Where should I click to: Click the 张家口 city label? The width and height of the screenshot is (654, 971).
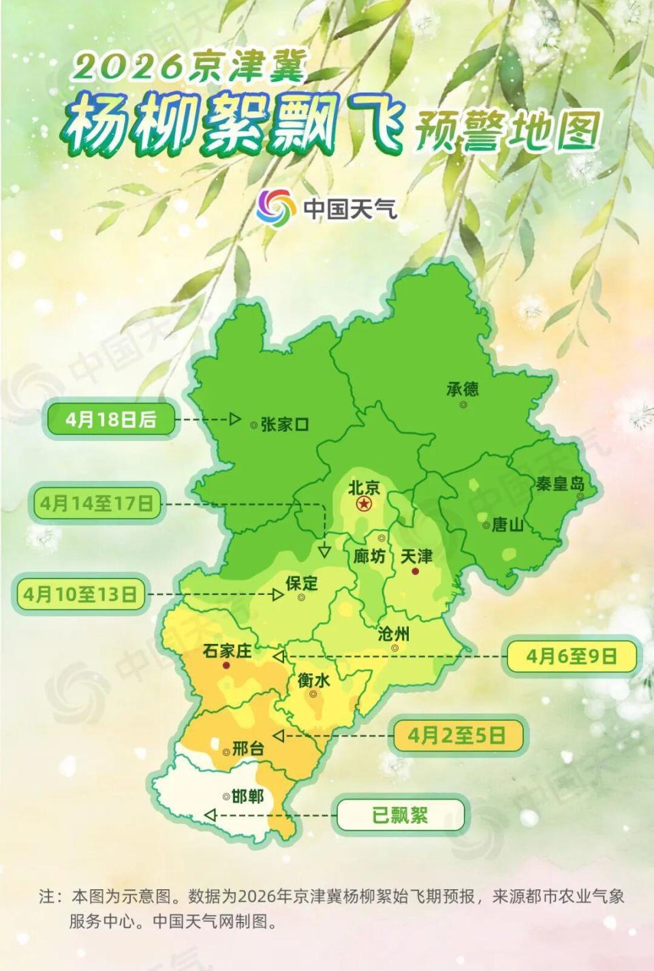coord(285,425)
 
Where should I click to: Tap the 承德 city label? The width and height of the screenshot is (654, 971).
coord(463,389)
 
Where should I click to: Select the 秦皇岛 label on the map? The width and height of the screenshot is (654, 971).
coord(560,484)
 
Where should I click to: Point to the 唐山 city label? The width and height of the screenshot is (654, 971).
coord(508,525)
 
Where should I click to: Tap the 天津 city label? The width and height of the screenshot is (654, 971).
coord(416,556)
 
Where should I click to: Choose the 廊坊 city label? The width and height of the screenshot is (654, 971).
coord(369,556)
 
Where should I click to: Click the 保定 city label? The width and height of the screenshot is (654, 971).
coord(302,583)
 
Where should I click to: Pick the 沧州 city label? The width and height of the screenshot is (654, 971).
coord(394,634)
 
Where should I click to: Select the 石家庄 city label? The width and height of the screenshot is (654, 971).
coord(228,651)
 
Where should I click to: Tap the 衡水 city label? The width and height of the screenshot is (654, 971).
coord(313,679)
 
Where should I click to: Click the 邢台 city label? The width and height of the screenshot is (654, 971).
coord(248,748)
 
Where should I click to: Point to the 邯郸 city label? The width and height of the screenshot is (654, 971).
coord(247,795)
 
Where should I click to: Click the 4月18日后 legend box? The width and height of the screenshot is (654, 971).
coord(111,420)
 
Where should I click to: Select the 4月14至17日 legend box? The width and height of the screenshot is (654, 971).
coord(96,504)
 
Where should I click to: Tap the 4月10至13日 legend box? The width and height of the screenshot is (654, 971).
coord(80,594)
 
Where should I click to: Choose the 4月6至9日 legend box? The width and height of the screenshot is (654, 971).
coord(571,656)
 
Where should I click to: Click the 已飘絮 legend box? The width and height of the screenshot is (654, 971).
coord(400,815)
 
